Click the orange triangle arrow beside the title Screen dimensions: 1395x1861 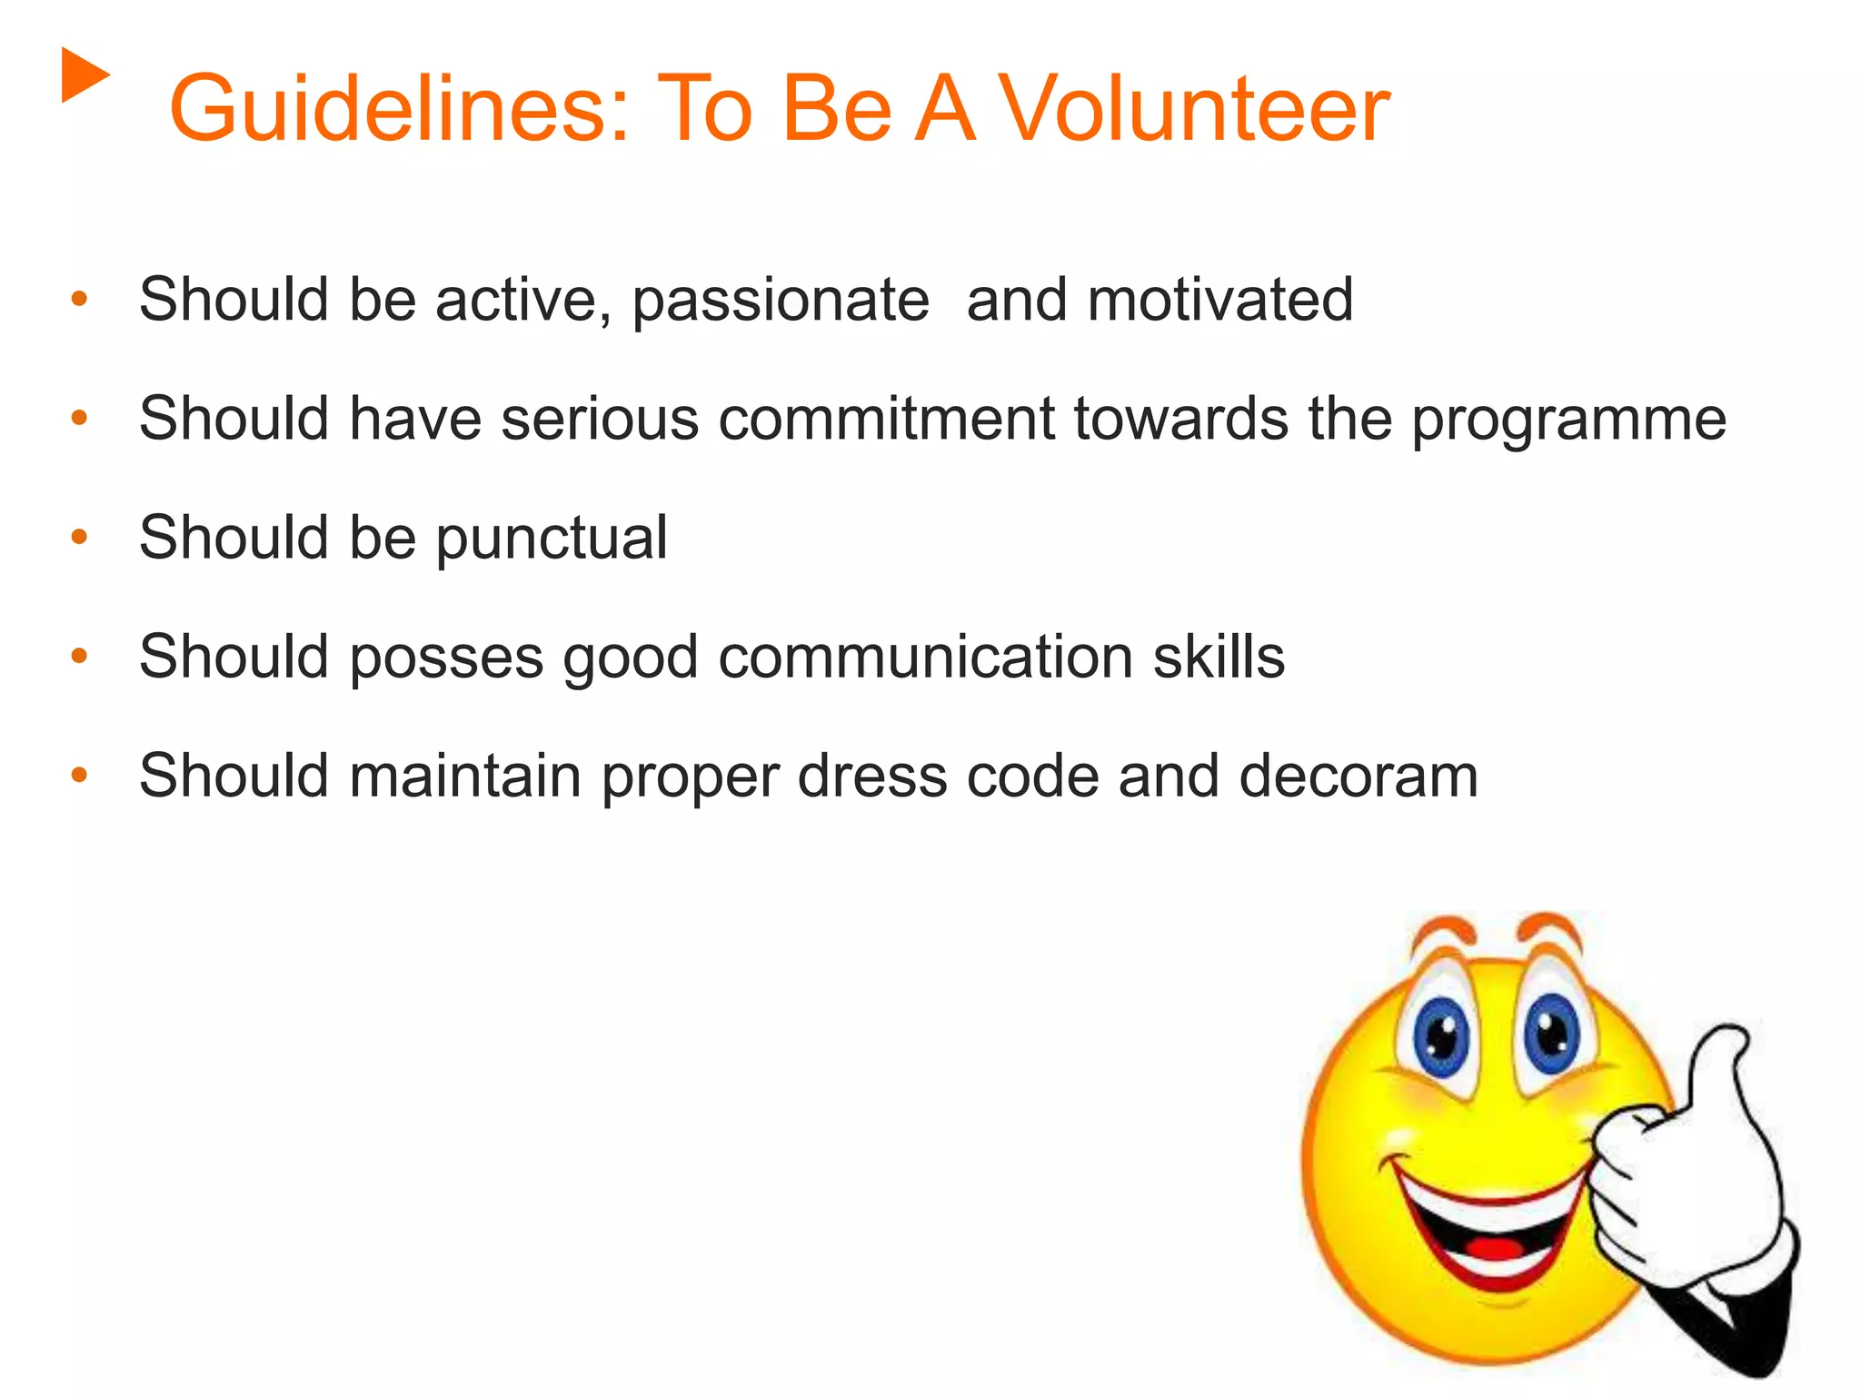pos(84,75)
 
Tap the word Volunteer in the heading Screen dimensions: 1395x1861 pos(1194,110)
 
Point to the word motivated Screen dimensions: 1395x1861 pos(1220,300)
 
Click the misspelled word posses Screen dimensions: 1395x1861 pos(446,658)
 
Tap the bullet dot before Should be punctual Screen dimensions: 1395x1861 pos(80,537)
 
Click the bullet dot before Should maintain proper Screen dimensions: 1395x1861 pos(80,775)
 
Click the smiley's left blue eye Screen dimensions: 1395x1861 pos(1442,1034)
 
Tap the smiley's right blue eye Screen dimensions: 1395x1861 pos(1551,1033)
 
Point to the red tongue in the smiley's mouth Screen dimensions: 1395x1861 pos(1495,1246)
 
